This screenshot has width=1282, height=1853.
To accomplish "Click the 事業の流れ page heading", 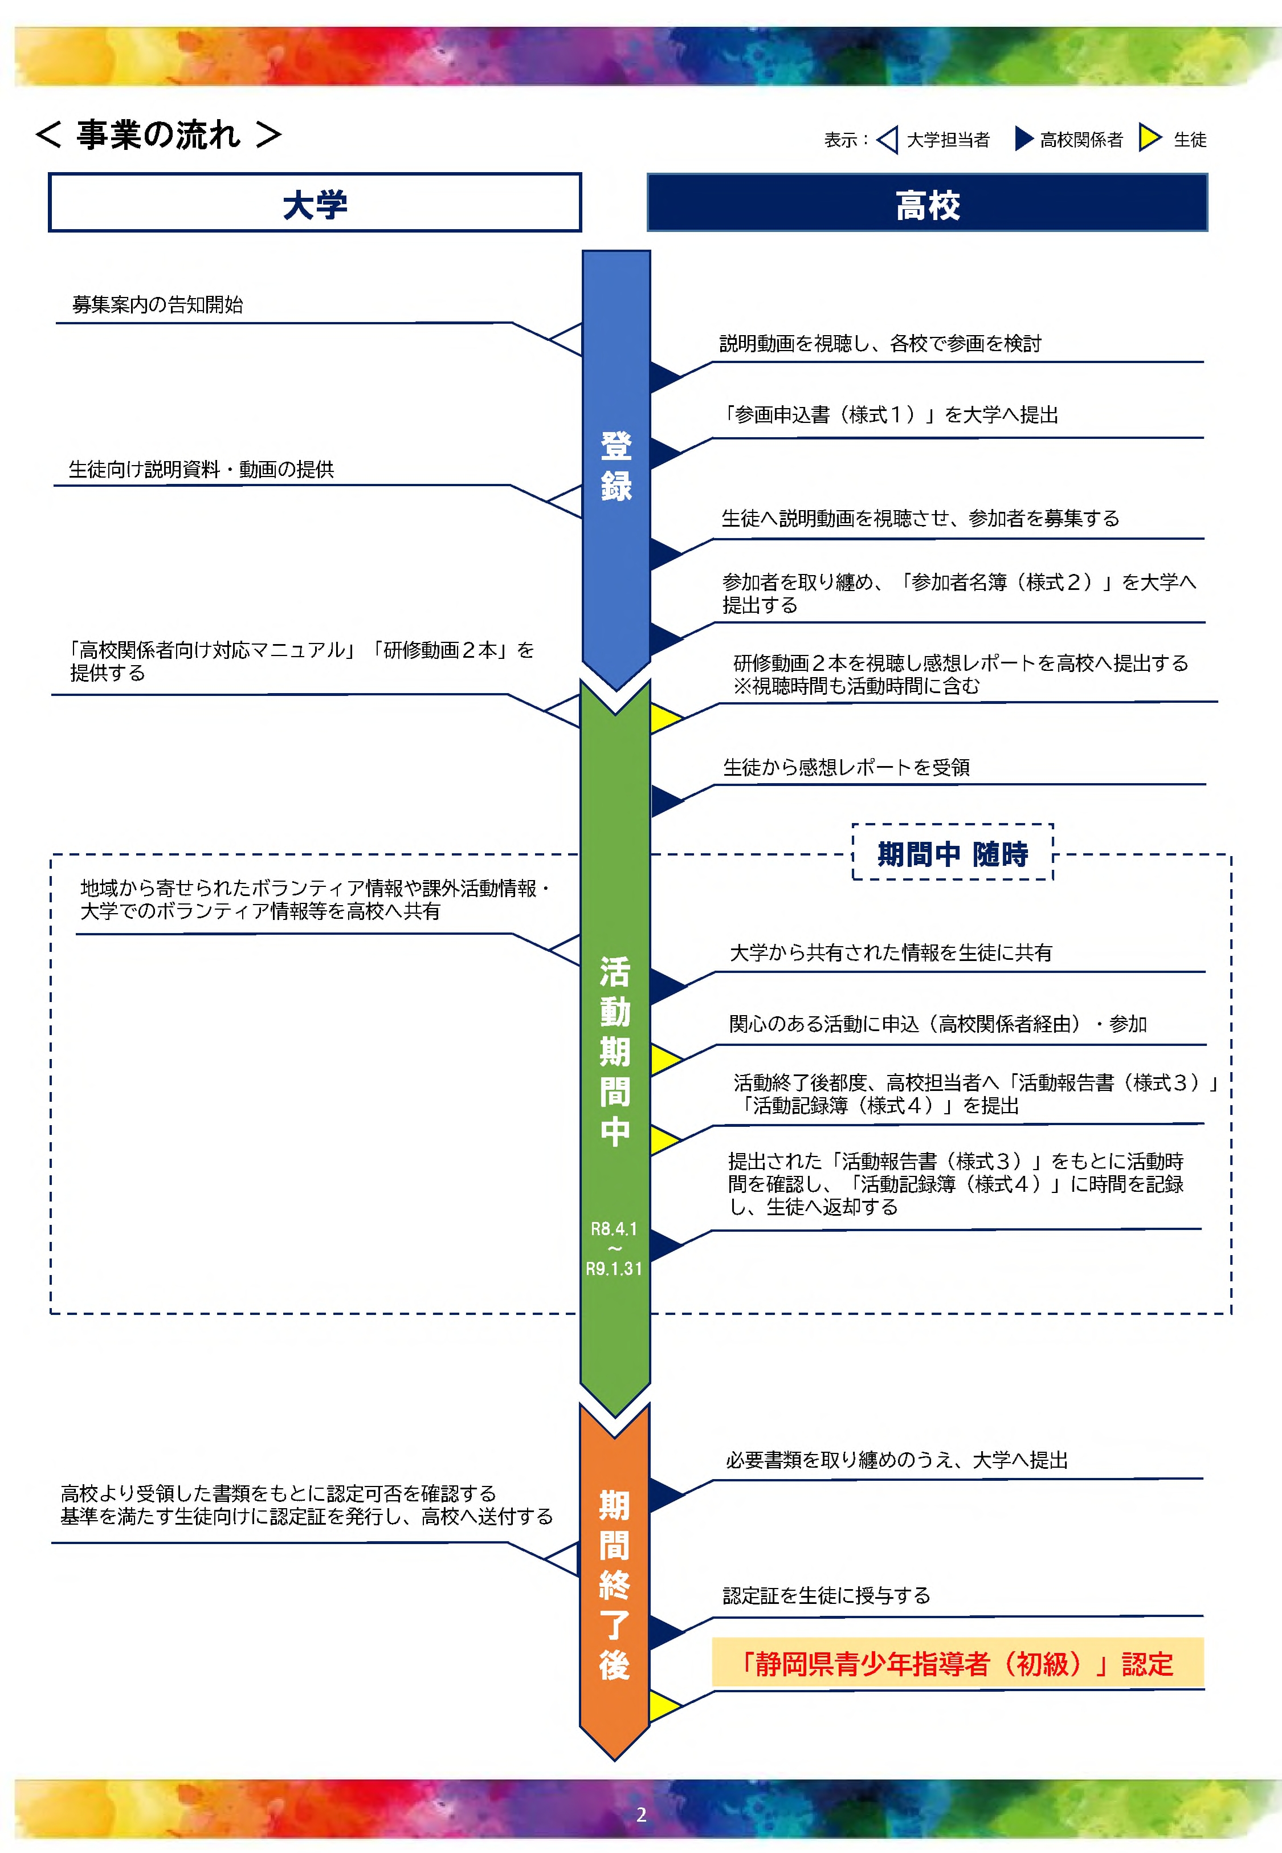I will tap(158, 135).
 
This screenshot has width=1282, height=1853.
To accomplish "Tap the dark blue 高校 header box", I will tap(927, 203).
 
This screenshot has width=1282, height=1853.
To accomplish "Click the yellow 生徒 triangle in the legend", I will tap(1149, 138).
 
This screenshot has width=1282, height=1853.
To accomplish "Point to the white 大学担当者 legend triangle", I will tap(888, 139).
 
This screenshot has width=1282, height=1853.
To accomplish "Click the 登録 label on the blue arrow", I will tap(616, 466).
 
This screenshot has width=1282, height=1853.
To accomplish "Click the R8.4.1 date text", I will tap(614, 1229).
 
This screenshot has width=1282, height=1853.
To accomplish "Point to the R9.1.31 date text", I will tap(614, 1269).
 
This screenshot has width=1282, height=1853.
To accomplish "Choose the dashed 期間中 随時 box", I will tap(952, 853).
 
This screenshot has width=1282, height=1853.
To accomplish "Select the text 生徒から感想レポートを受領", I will tap(846, 767).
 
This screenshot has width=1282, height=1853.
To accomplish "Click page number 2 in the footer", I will tap(641, 1814).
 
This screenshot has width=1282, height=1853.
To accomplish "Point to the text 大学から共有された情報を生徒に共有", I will tap(890, 953).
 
